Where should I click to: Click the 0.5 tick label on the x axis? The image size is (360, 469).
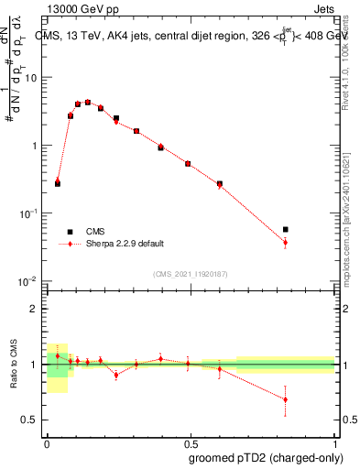coord(190,442)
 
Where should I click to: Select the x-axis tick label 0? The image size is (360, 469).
coord(47,442)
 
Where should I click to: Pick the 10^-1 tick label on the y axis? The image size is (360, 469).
coord(31,213)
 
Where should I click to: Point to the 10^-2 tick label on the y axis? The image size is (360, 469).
coord(31,280)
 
